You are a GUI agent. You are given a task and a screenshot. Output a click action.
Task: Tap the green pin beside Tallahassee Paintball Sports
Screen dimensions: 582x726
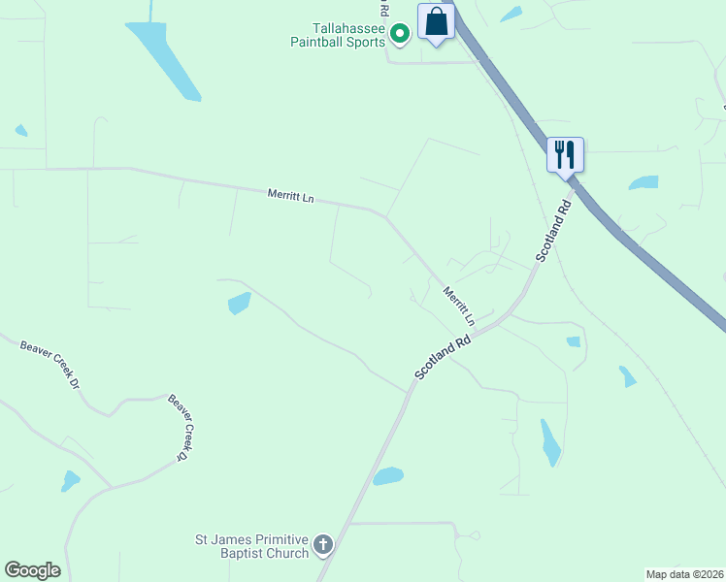[399, 35]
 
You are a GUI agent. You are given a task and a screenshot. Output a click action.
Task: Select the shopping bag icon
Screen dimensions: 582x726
[437, 22]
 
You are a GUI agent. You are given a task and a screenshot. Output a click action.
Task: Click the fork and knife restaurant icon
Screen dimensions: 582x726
[565, 154]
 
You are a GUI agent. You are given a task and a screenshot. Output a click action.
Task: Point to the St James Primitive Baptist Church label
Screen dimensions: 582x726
[251, 546]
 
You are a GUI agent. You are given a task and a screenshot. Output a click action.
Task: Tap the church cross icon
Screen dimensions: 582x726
[323, 546]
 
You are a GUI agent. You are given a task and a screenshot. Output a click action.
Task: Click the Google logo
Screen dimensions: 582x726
[32, 570]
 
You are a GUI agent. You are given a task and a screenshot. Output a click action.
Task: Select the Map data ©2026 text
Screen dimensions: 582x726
[684, 573]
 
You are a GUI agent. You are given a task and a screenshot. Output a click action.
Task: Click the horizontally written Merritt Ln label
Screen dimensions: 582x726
[291, 196]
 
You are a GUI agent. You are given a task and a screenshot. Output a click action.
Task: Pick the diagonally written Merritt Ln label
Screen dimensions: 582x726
[458, 306]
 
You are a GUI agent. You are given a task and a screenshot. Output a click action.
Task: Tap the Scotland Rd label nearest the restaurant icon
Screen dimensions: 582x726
[555, 231]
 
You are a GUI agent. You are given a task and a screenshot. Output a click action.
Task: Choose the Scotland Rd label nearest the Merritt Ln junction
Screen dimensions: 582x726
[443, 357]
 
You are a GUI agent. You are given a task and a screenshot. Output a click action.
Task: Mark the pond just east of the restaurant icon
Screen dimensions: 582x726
[643, 182]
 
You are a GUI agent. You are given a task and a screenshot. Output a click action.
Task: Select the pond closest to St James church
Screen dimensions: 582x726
[388, 475]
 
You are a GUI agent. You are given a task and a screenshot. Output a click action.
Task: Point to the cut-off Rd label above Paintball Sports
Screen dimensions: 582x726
[385, 9]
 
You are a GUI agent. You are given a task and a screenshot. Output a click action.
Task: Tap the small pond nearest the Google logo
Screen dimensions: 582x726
[70, 480]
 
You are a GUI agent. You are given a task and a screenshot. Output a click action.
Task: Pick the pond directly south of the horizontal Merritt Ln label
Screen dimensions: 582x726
[239, 304]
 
